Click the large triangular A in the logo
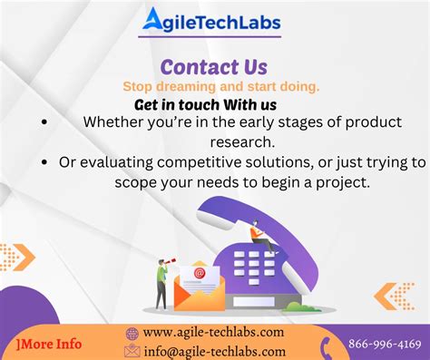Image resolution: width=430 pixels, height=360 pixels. coord(151,21)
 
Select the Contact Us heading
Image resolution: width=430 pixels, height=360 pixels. coord(214,67)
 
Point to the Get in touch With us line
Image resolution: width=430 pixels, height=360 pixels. coord(205,104)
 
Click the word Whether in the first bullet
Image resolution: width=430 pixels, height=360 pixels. coord(112,122)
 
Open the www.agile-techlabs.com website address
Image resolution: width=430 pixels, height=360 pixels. coord(214,334)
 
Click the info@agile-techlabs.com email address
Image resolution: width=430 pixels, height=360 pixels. coord(214,351)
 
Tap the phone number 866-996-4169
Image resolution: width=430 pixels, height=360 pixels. coord(385,344)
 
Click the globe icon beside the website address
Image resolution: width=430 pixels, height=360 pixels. coord(132,334)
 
